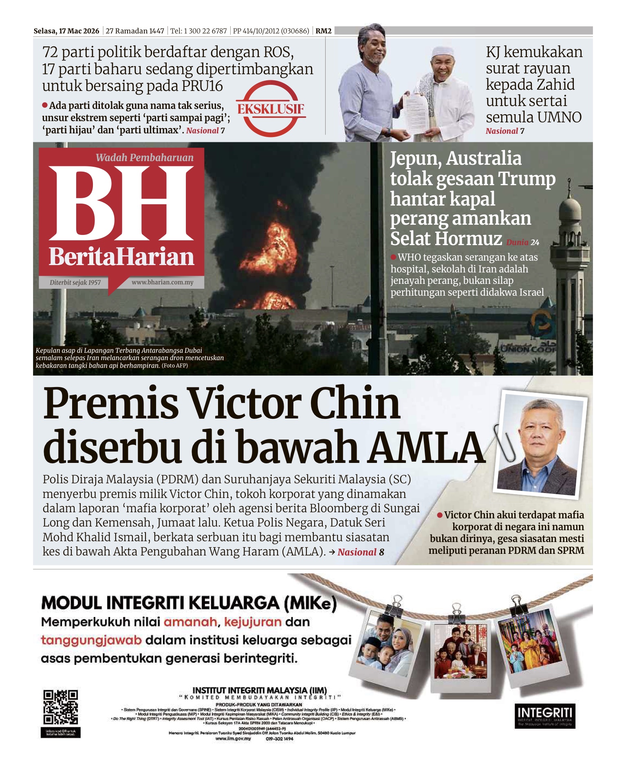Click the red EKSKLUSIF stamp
click(271, 109)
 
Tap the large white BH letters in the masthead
click(121, 204)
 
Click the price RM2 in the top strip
click(324, 31)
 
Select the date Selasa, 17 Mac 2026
click(66, 31)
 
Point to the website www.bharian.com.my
click(162, 282)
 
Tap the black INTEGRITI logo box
click(545, 716)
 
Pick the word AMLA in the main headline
click(426, 447)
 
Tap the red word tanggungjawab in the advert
click(91, 640)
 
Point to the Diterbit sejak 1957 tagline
click(75, 283)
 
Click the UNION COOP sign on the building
click(528, 349)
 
